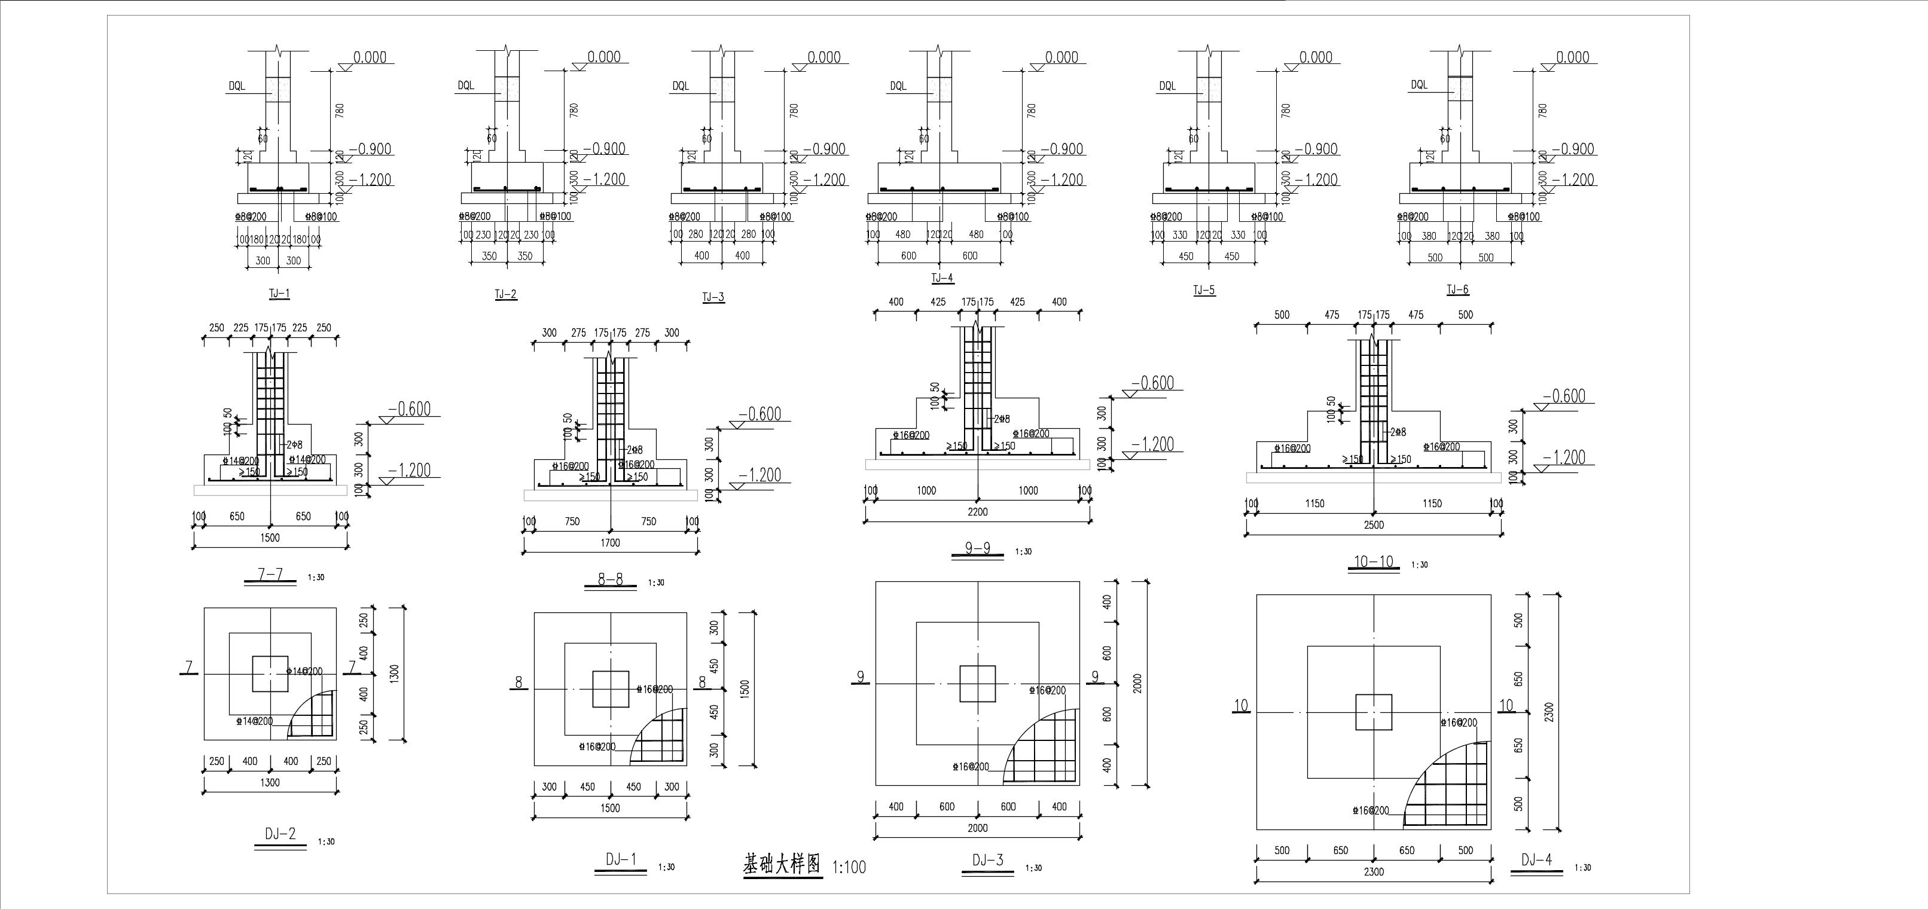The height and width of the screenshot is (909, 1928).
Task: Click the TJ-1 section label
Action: [x=279, y=293]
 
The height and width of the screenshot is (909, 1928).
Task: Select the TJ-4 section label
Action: [x=942, y=278]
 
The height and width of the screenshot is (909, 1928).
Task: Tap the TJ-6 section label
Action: [x=1457, y=289]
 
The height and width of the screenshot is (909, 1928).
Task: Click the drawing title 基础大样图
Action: [x=782, y=865]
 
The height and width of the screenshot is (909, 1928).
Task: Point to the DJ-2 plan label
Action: [x=280, y=834]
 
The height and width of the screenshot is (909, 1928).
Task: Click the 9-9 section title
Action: [x=978, y=548]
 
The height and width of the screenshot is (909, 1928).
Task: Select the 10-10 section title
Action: [x=1374, y=561]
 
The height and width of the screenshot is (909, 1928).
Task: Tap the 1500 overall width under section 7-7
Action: [x=270, y=538]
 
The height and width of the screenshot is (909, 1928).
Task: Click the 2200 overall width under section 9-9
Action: [x=978, y=512]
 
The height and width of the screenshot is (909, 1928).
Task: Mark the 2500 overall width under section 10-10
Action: [x=1374, y=525]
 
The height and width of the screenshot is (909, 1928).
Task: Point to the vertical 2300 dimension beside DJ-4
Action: [x=1548, y=712]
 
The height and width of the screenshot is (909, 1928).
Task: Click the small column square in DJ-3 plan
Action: [x=978, y=684]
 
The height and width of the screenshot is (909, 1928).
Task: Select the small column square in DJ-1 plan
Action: [x=611, y=689]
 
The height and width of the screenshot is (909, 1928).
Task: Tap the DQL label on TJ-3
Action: [x=681, y=86]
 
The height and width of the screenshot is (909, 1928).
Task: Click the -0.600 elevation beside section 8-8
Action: [x=759, y=414]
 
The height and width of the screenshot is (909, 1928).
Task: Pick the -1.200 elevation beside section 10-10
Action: [x=1564, y=457]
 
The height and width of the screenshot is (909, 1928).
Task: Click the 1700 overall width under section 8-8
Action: [x=610, y=543]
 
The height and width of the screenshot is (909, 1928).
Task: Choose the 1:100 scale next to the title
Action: [x=849, y=867]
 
